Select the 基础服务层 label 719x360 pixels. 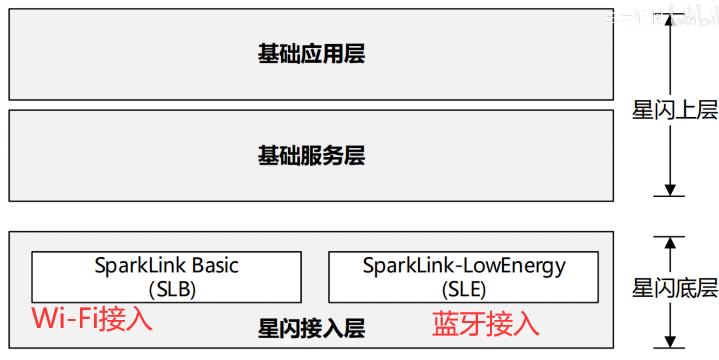(x=311, y=156)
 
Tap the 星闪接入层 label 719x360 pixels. (x=311, y=327)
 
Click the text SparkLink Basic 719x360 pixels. (x=166, y=267)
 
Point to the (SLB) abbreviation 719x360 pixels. (x=166, y=290)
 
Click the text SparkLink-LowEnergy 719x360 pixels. (x=464, y=267)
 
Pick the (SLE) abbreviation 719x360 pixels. (x=464, y=290)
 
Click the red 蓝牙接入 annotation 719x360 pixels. (x=486, y=323)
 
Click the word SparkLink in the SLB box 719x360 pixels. (x=140, y=267)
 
